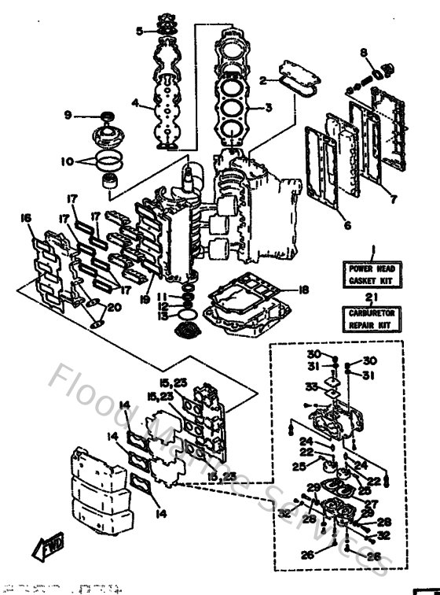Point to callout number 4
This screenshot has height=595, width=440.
pos(135,102)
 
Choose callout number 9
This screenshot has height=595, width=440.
pos(68,115)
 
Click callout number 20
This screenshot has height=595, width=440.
pos(115,308)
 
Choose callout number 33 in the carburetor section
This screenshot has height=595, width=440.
pos(311,386)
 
